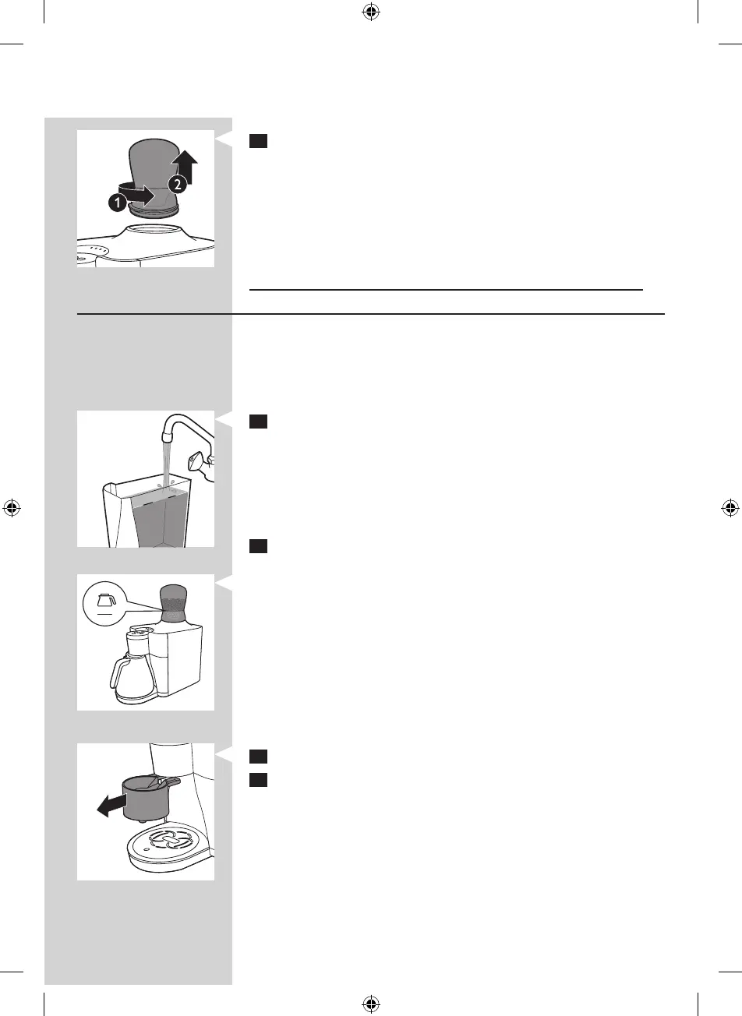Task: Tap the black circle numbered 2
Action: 178,185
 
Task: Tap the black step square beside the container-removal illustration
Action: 259,141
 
